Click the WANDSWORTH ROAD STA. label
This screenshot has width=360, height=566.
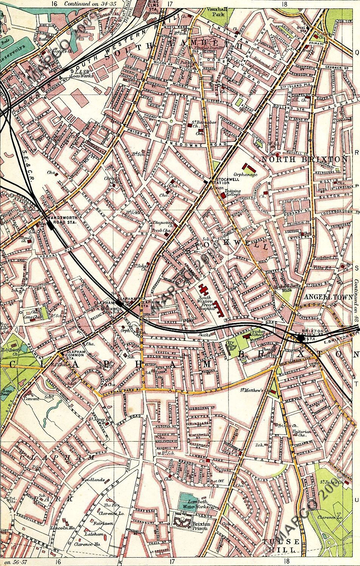60,220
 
